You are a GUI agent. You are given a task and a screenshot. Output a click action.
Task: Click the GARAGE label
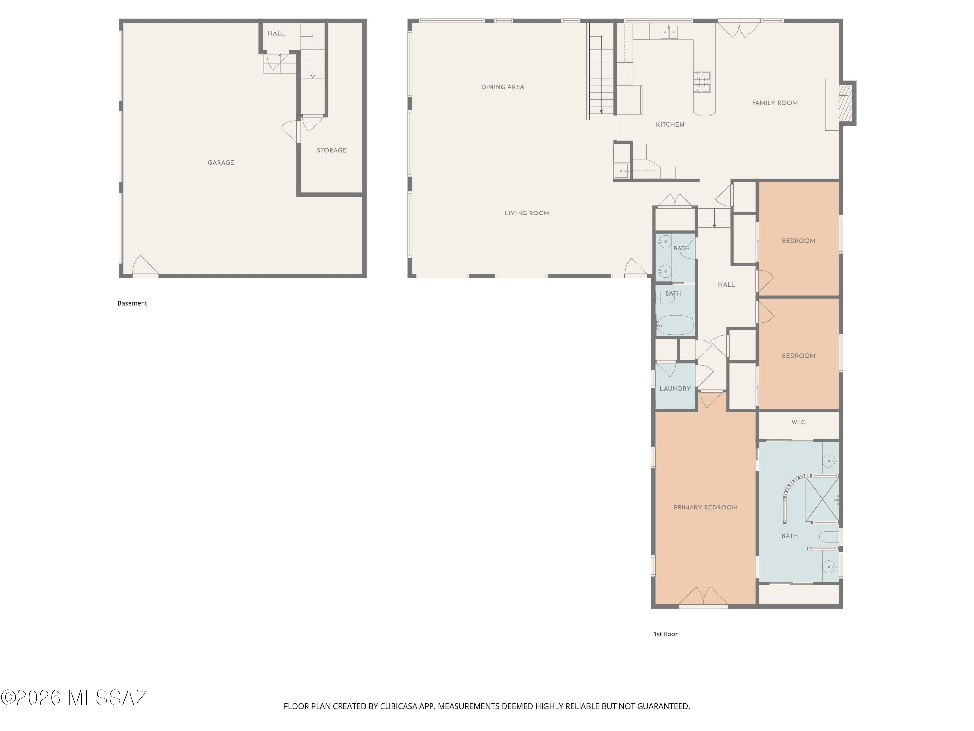click(220, 162)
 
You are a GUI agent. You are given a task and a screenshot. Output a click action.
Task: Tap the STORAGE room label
click(331, 150)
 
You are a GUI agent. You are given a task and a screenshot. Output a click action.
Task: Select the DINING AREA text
click(502, 87)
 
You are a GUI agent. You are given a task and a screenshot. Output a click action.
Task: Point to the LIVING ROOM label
click(527, 213)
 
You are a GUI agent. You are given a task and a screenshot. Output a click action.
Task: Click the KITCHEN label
click(670, 125)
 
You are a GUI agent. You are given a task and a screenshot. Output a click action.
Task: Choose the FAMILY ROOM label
click(775, 103)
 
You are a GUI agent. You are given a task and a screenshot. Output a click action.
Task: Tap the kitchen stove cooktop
click(702, 82)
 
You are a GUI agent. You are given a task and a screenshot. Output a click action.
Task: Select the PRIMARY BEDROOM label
click(706, 507)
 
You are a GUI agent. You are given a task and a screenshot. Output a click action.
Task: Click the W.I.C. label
click(798, 422)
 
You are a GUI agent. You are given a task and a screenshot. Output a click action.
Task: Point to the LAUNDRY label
click(675, 389)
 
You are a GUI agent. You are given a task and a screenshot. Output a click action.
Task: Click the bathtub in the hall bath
click(675, 326)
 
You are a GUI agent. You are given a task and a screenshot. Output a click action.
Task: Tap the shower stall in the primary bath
click(822, 499)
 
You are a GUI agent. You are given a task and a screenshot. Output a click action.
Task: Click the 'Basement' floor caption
click(132, 303)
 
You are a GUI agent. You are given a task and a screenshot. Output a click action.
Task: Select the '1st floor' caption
click(665, 634)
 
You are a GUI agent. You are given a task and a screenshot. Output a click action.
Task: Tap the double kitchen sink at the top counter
click(669, 32)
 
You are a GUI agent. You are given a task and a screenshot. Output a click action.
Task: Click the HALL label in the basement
click(276, 33)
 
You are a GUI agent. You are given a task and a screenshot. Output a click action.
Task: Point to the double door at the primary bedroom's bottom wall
click(703, 597)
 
